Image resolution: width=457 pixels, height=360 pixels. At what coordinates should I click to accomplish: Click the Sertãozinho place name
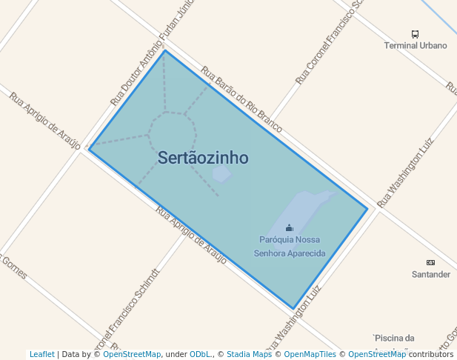coord(203,158)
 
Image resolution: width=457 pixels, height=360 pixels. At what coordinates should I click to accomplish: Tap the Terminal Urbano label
coord(415,45)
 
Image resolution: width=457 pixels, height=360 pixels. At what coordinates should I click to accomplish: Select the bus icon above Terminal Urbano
coord(415,34)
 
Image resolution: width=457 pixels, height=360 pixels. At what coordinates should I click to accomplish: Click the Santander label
coord(430,274)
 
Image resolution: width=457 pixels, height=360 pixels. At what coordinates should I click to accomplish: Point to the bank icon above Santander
coord(430,262)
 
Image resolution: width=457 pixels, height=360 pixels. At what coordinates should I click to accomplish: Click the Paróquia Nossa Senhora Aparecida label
coord(289,246)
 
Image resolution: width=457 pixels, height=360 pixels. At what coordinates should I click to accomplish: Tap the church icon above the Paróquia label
coord(289,228)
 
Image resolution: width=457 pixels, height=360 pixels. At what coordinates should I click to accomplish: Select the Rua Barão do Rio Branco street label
coord(241,101)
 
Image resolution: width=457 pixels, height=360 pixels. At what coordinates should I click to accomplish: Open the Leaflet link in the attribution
coord(41,354)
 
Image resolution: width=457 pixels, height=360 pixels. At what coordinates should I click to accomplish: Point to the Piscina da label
coord(393,339)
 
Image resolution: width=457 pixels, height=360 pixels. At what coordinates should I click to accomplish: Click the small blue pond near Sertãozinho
coord(221,174)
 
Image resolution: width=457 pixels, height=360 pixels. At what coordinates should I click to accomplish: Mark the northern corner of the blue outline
coord(164,50)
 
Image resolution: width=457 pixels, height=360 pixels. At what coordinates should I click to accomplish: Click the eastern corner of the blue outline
coord(367,209)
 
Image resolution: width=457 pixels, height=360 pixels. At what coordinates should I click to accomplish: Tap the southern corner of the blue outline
coord(294,308)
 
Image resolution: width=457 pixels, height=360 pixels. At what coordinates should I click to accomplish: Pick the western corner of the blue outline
coord(89,149)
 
